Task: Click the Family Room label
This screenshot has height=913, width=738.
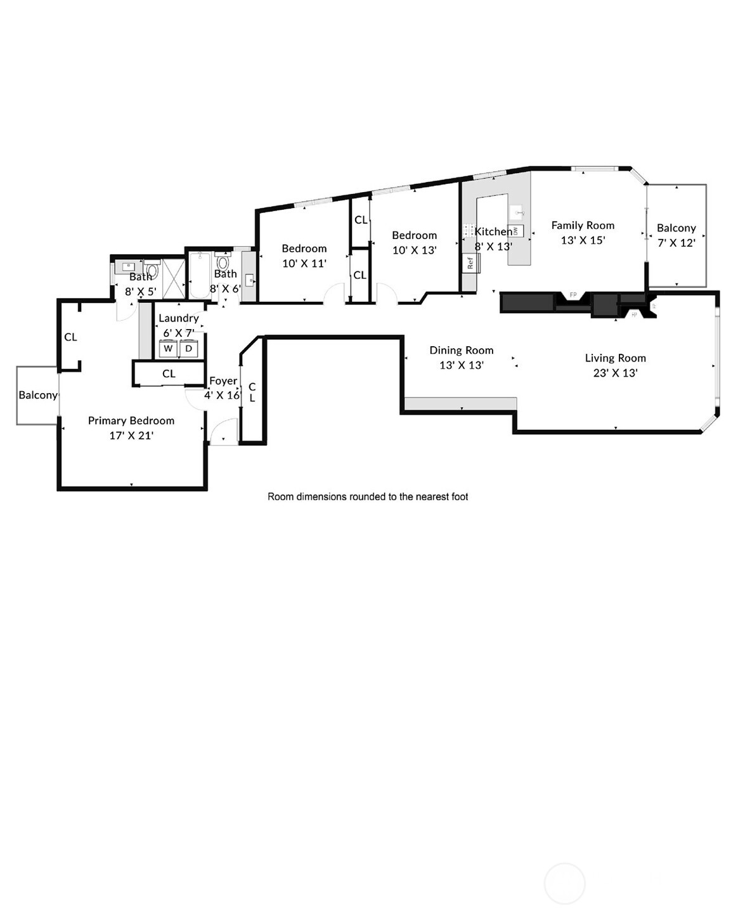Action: pyautogui.click(x=583, y=225)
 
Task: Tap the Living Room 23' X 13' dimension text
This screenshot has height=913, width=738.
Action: pyautogui.click(x=615, y=373)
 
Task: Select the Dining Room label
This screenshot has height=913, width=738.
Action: pyautogui.click(x=461, y=350)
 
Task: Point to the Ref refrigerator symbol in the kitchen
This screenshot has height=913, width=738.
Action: pyautogui.click(x=470, y=262)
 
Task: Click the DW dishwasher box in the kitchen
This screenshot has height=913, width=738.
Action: pyautogui.click(x=515, y=231)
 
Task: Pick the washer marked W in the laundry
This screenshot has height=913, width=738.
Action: pyautogui.click(x=168, y=349)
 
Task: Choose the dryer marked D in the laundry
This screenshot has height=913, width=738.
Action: pyautogui.click(x=188, y=349)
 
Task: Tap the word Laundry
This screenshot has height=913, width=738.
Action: pyautogui.click(x=178, y=318)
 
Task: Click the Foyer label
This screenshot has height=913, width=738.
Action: pyautogui.click(x=223, y=381)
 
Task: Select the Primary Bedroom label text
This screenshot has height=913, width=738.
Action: pyautogui.click(x=131, y=420)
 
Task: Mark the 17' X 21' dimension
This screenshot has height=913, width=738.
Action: pyautogui.click(x=131, y=436)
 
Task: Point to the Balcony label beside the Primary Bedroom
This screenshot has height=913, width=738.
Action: pyautogui.click(x=38, y=395)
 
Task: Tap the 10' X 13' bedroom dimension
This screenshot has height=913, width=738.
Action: pyautogui.click(x=414, y=250)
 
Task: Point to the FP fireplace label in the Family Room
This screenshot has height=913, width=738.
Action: pyautogui.click(x=573, y=295)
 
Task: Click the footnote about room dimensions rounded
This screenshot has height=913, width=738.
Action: pyautogui.click(x=368, y=496)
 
